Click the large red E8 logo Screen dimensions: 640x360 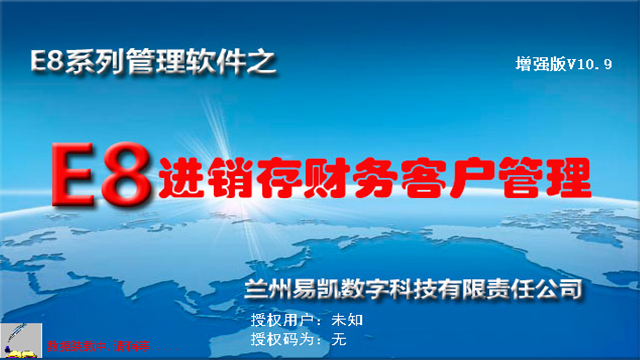point(101,175)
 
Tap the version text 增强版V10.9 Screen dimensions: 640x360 point(564,64)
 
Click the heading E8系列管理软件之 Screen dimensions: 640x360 point(153,62)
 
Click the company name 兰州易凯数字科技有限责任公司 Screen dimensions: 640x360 point(413,289)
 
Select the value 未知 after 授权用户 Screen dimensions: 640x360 point(347,320)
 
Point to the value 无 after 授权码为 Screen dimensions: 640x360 point(339,339)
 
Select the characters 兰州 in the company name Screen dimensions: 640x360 point(268,289)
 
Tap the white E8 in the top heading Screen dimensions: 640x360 point(47,61)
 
